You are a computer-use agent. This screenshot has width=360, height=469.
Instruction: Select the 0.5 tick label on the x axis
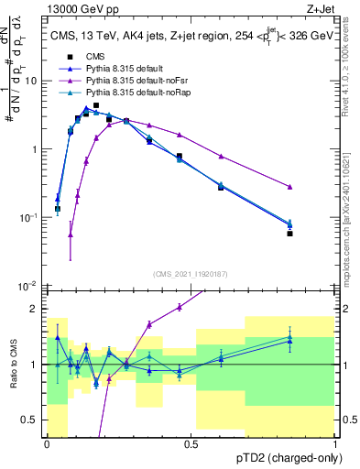coord(191,444)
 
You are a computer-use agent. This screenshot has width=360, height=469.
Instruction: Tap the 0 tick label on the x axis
coord(47,444)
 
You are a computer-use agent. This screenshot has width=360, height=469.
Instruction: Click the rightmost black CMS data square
coord(289,234)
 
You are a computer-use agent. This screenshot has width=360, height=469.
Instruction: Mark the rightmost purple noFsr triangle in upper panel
coord(289,187)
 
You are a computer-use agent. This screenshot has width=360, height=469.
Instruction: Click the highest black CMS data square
coord(96,105)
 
